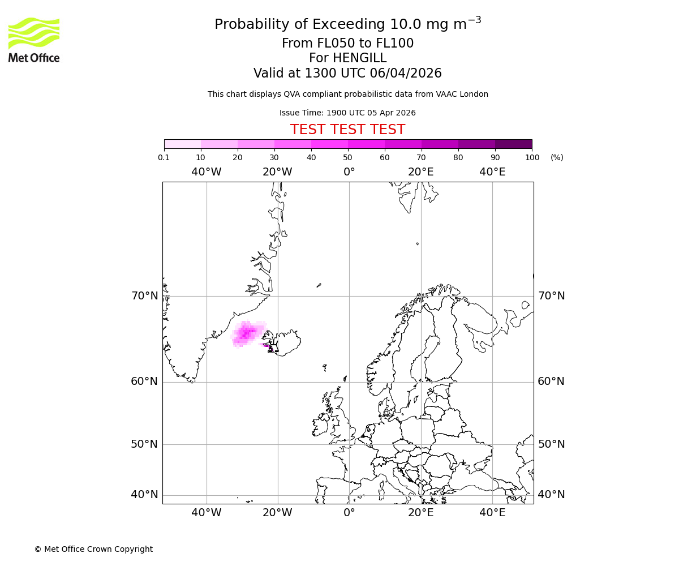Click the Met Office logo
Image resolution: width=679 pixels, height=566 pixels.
(x=34, y=40)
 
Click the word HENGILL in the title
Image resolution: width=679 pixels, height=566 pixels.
(x=359, y=58)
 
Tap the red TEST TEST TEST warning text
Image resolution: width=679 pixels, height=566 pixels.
(x=347, y=130)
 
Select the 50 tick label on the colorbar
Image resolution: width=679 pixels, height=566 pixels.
(x=348, y=157)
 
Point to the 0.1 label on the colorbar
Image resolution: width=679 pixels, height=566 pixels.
(x=164, y=157)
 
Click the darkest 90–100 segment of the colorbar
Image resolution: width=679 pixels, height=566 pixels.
(x=513, y=144)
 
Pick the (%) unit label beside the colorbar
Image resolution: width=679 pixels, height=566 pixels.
(x=557, y=157)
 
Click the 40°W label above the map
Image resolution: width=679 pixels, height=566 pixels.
(x=206, y=172)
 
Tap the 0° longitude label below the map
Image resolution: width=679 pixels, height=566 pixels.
(x=349, y=513)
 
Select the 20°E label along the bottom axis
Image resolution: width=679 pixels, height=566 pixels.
(x=420, y=513)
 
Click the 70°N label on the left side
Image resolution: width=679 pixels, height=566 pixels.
(x=144, y=296)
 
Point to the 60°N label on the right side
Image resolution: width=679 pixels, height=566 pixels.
(x=551, y=381)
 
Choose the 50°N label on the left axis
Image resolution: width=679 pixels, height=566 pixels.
(x=144, y=444)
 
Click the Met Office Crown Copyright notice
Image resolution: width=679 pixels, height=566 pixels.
(x=93, y=549)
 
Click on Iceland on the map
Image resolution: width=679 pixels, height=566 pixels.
(x=286, y=343)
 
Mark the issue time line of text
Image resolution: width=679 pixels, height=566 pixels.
(x=347, y=113)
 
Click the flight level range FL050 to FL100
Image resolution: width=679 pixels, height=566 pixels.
(x=347, y=44)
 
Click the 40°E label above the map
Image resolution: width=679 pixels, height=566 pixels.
(x=492, y=172)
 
